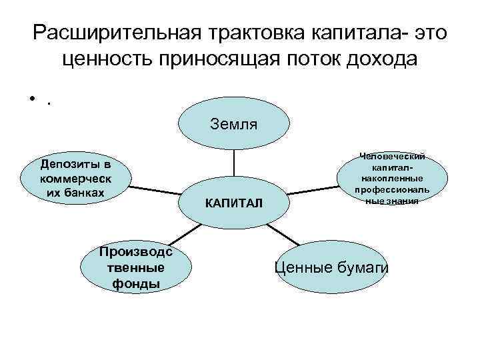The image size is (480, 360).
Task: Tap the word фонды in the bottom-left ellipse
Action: click(x=135, y=283)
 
